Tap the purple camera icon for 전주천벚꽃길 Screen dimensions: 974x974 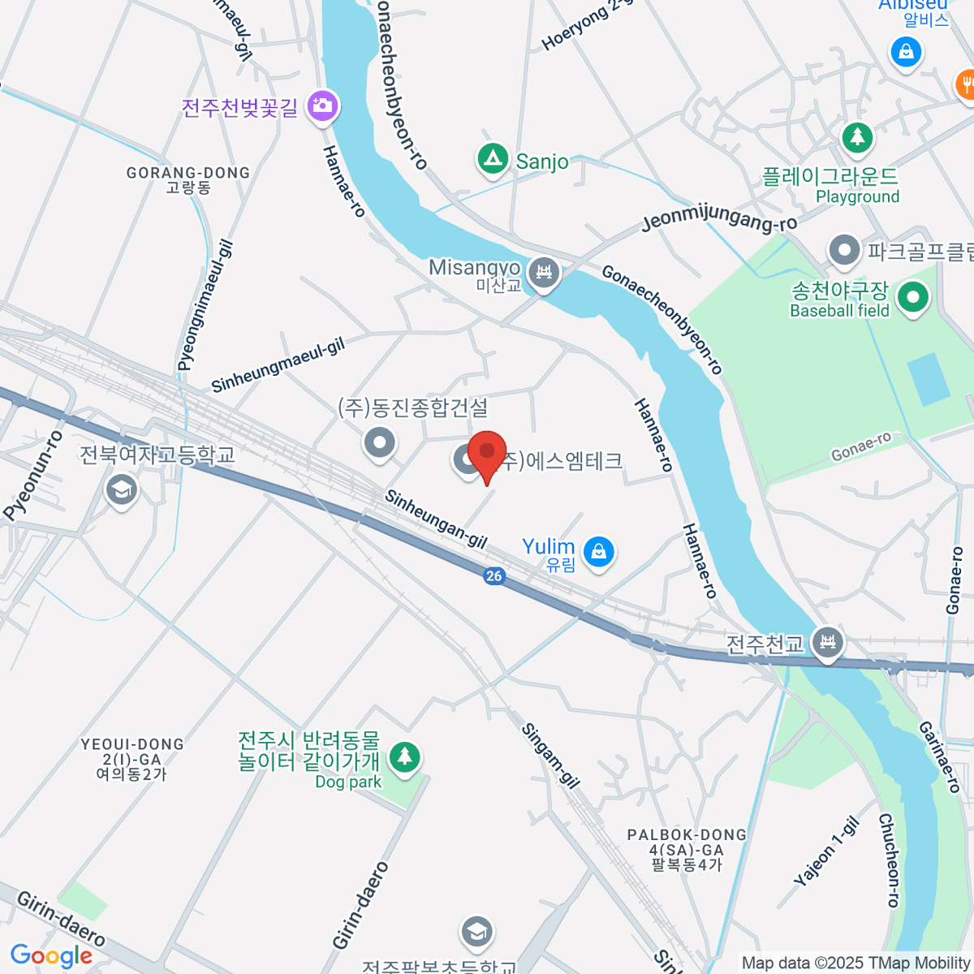pos(322,106)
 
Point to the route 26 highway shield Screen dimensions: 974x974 pos(493,575)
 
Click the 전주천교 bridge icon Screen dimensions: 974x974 pos(828,643)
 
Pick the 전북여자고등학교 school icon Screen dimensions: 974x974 pos(122,489)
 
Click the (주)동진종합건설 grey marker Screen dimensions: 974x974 pos(379,442)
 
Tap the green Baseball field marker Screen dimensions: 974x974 pos(913,297)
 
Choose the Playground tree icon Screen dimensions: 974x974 pos(856,136)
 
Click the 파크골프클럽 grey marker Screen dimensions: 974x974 pos(845,251)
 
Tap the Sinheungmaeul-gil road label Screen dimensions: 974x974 pos(278,365)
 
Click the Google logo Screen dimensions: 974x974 pos(51,956)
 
